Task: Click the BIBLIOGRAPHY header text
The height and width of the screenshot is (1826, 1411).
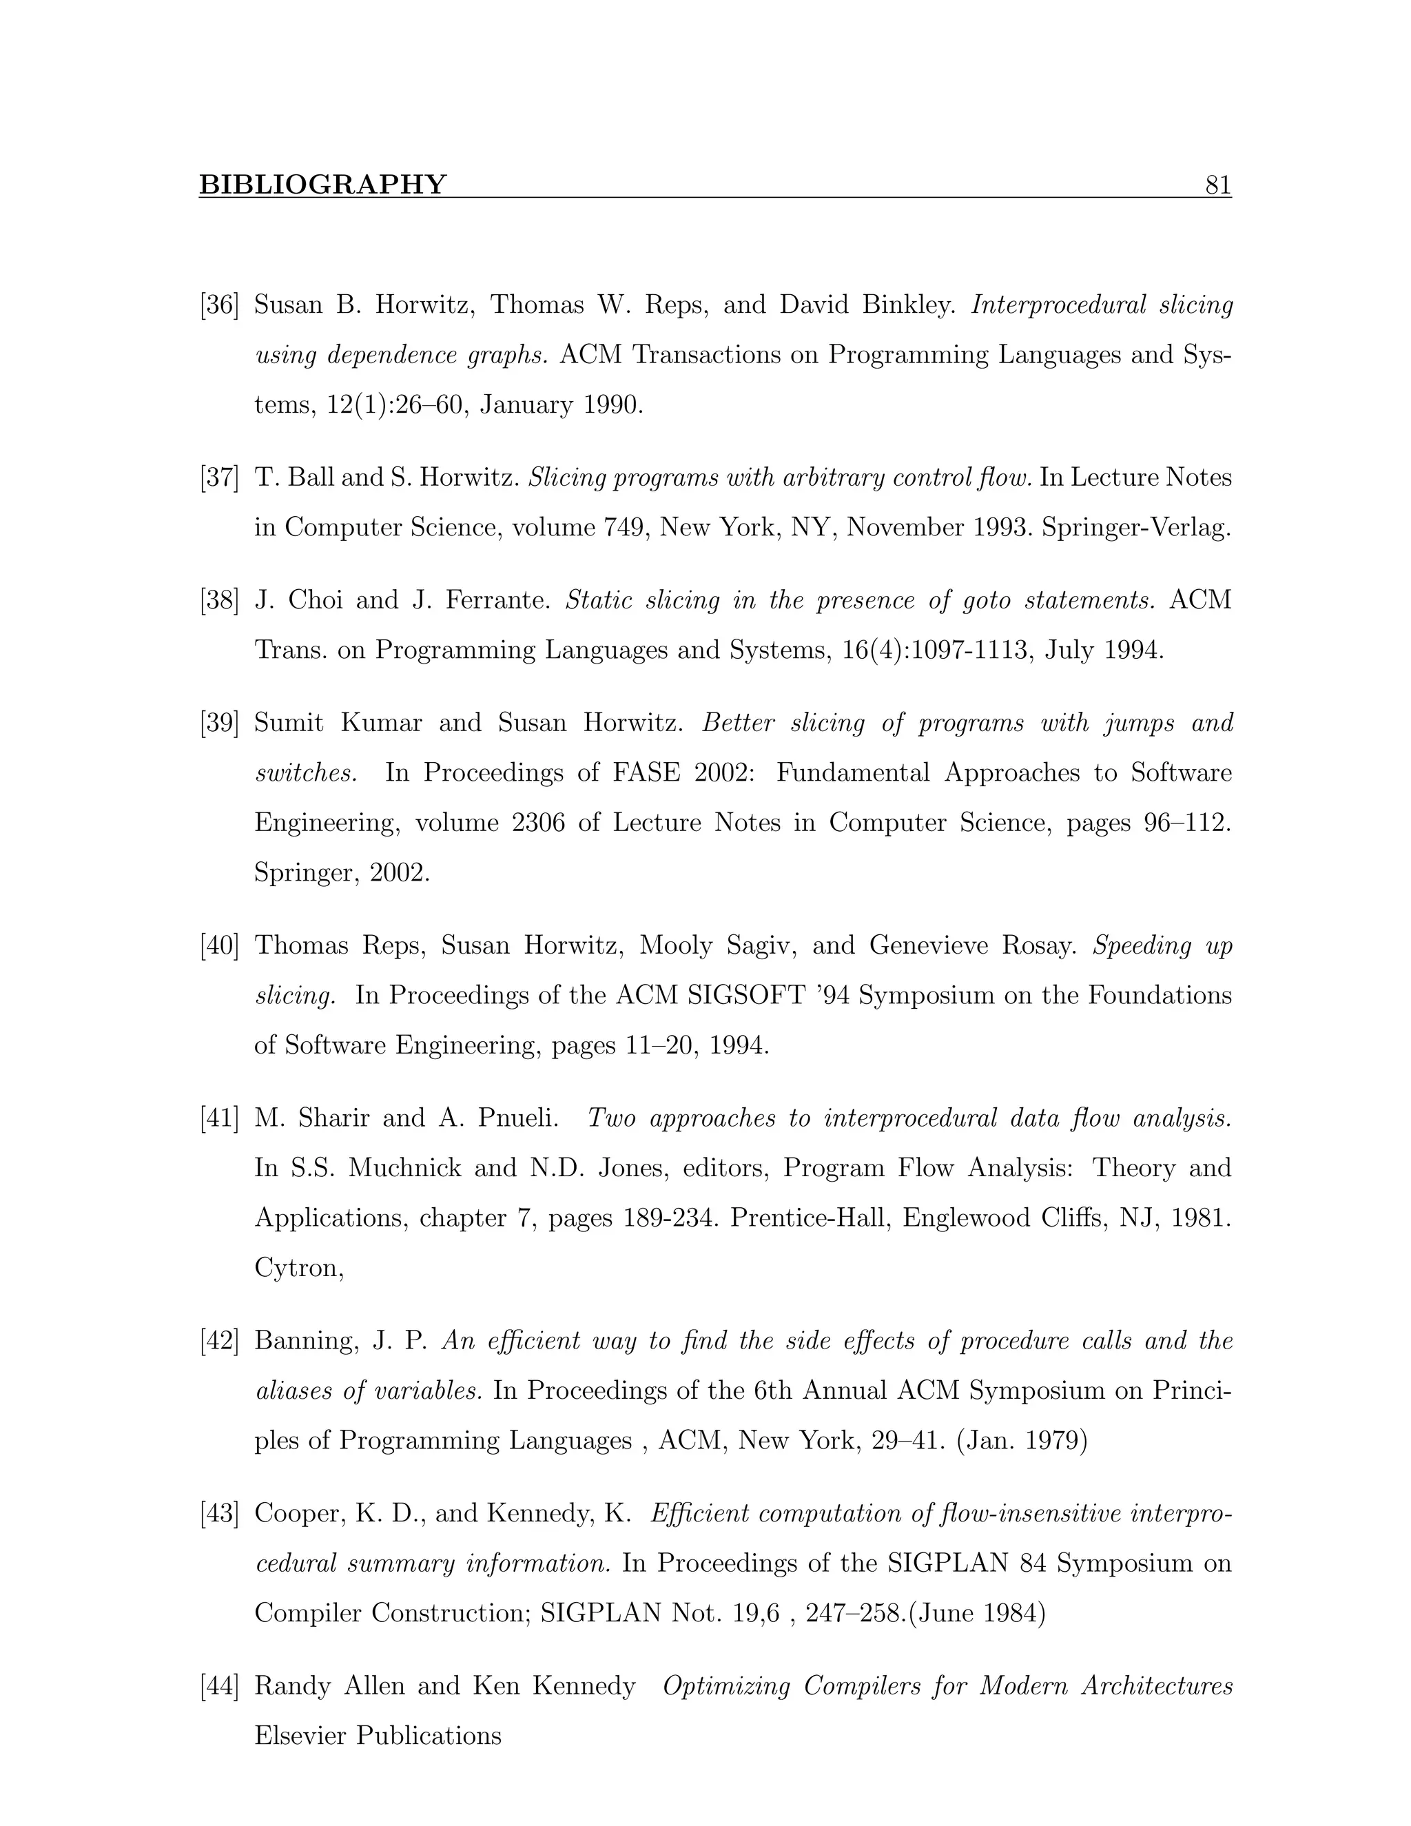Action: click(322, 185)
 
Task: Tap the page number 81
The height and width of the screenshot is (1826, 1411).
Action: click(1218, 185)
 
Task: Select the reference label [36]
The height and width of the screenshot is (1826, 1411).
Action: click(220, 305)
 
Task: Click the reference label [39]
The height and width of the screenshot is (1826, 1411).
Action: click(220, 724)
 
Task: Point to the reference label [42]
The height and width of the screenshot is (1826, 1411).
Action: click(220, 1341)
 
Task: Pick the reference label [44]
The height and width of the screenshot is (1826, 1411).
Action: click(220, 1686)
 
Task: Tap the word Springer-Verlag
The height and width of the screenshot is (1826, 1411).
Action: click(1136, 528)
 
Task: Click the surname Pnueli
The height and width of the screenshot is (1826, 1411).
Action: click(517, 1118)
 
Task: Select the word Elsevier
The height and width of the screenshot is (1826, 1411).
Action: click(301, 1736)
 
